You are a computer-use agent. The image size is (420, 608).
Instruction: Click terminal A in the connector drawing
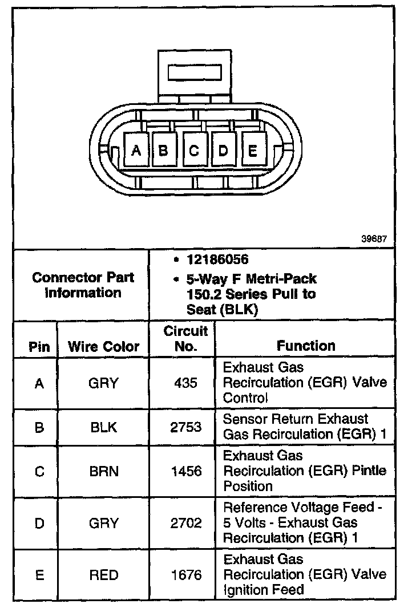click(136, 150)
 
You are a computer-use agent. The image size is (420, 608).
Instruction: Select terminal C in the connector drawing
click(194, 150)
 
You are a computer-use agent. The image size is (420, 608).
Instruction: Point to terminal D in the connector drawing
click(224, 150)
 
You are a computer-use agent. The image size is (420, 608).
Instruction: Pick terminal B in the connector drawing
click(163, 150)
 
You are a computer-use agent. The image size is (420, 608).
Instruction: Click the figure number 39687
click(374, 239)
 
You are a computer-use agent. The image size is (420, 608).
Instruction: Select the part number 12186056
click(217, 260)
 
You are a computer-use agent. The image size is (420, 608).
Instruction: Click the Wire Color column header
click(103, 346)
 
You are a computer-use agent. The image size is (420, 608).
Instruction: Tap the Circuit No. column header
click(186, 338)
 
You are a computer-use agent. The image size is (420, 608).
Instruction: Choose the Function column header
click(306, 345)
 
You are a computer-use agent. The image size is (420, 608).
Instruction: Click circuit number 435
click(186, 383)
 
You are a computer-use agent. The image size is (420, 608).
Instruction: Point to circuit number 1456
click(186, 471)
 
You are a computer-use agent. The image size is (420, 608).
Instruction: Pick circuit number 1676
click(186, 574)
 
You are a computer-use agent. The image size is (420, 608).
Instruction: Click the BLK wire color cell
click(103, 427)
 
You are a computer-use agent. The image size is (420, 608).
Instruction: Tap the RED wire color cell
click(103, 574)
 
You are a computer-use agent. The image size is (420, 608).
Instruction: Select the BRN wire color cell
click(103, 471)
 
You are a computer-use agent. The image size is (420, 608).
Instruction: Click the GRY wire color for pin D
click(103, 522)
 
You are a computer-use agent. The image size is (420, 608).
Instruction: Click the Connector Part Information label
click(83, 285)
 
